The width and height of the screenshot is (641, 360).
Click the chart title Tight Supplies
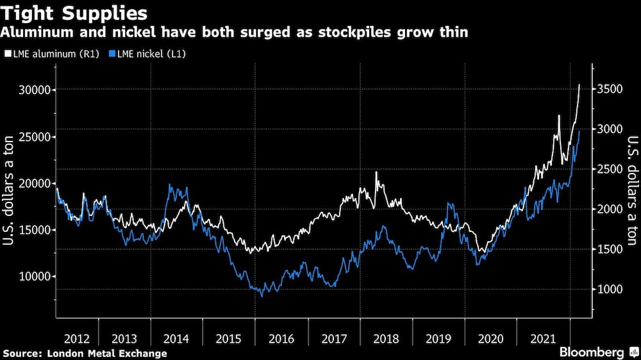76,13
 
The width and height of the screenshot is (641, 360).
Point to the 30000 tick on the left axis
31,90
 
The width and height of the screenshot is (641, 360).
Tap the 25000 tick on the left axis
31,136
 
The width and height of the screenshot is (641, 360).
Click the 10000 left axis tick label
31,277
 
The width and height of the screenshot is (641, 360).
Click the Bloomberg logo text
593,352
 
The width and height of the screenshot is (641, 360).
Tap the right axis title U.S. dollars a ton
631,192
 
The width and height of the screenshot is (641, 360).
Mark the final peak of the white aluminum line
579,85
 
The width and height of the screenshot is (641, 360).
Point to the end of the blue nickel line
579,131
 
